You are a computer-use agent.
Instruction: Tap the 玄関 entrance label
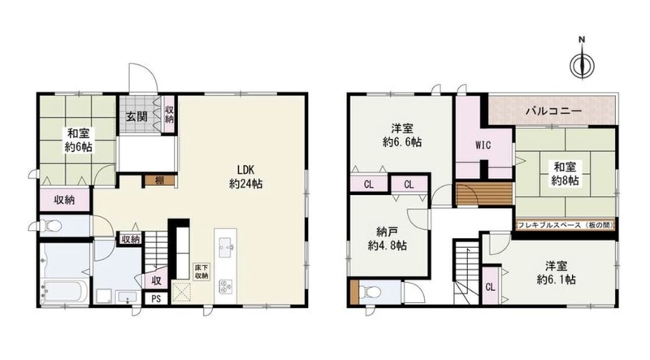[136, 116]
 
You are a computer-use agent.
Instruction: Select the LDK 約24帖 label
[246, 176]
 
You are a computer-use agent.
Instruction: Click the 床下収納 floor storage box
[201, 271]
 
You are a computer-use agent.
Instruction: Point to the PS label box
[156, 298]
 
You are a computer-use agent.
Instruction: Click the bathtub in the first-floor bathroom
[65, 293]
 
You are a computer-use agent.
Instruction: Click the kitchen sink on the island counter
[225, 248]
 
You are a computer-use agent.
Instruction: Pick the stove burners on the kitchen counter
[225, 285]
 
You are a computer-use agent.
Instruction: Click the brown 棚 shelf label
[160, 180]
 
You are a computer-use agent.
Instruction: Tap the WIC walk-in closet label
[483, 145]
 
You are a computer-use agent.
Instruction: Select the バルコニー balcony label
[554, 111]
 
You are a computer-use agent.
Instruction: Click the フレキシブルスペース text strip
[565, 225]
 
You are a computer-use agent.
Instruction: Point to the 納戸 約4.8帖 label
[388, 238]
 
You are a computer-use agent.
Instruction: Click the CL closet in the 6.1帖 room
[490, 287]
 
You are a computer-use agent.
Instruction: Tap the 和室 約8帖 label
[565, 174]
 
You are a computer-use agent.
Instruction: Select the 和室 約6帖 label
[79, 141]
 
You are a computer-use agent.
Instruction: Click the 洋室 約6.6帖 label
[402, 135]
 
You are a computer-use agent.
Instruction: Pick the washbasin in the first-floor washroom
[128, 297]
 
